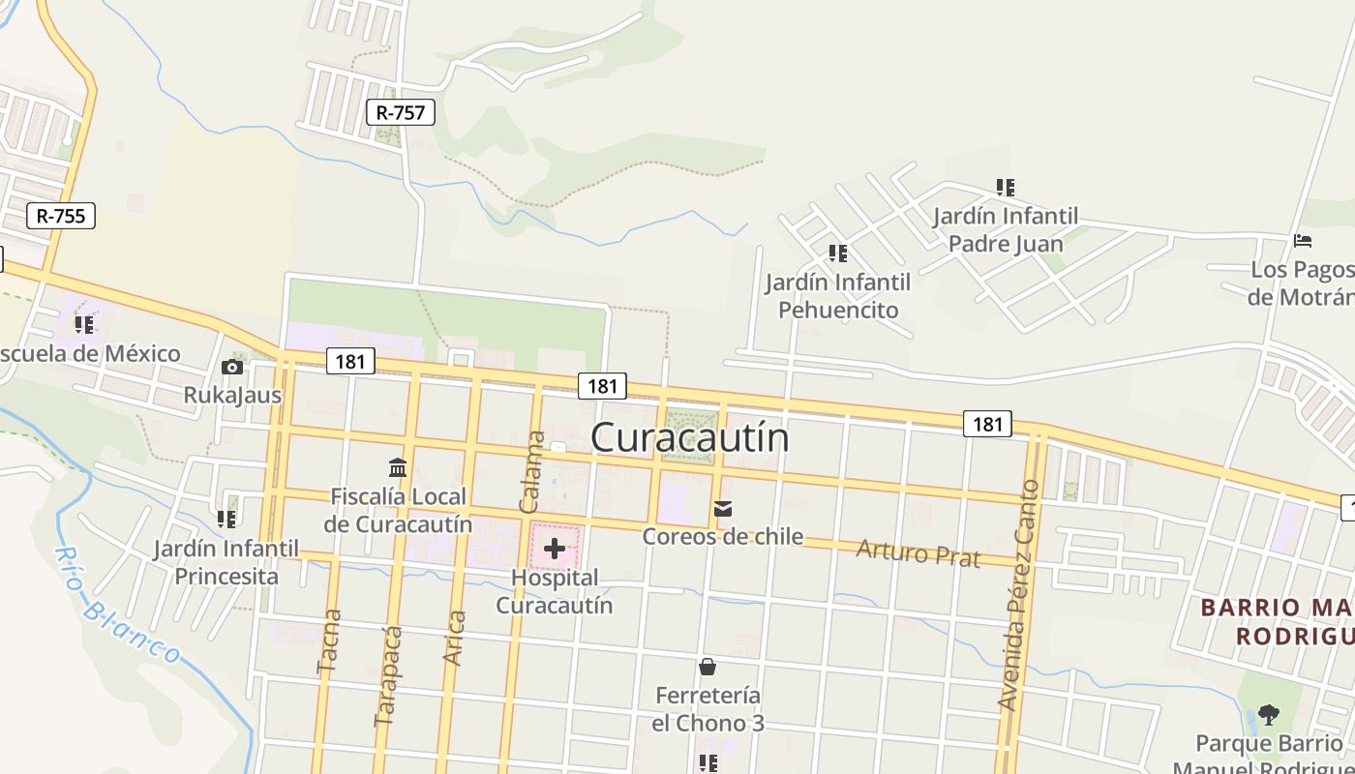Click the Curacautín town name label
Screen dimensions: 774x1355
[689, 437]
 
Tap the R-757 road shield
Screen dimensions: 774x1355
[401, 112]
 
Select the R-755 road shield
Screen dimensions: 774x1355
[61, 216]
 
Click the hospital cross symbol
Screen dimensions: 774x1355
[555, 549]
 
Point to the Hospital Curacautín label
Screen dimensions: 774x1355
[555, 591]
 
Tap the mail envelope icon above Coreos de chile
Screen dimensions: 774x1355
[723, 509]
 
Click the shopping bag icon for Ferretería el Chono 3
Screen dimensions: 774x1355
[708, 667]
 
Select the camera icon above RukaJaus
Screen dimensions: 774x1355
[231, 367]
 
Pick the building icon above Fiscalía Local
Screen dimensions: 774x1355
[397, 468]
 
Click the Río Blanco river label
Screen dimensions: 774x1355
[117, 606]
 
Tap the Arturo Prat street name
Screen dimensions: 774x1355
[918, 553]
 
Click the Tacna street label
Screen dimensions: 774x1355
[329, 640]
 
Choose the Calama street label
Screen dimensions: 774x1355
[532, 472]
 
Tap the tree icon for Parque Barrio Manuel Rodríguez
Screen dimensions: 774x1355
[1268, 715]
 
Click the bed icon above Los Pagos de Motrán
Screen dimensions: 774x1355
[1303, 241]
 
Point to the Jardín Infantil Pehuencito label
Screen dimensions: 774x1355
[838, 296]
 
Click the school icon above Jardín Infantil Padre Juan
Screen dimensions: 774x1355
[1006, 187]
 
